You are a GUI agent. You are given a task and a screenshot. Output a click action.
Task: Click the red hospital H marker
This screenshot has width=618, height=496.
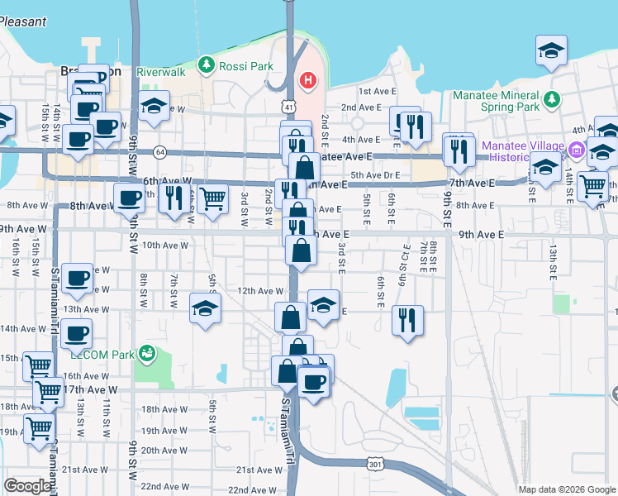(307, 80)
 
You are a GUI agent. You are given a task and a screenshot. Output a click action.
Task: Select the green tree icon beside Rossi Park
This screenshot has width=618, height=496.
(206, 64)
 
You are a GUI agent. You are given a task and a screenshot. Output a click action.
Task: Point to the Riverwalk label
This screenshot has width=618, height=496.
(160, 72)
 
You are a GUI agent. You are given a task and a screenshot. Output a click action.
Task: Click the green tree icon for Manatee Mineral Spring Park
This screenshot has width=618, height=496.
(552, 100)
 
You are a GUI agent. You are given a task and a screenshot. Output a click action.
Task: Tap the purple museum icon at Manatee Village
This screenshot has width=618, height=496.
(577, 151)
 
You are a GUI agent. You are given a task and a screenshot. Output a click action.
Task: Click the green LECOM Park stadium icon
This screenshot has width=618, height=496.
(148, 354)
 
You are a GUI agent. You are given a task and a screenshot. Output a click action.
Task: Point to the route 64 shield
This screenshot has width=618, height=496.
(159, 152)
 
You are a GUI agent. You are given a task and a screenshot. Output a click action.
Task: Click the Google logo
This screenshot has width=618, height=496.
(28, 486)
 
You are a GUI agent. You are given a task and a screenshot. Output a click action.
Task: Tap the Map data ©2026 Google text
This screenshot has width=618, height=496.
(566, 489)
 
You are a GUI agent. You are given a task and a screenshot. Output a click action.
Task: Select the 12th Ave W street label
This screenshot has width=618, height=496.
(260, 291)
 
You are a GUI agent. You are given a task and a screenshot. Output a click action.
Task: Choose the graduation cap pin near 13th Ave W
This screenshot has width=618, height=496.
(206, 308)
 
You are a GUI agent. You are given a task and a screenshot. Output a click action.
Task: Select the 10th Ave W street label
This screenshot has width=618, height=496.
(165, 245)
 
